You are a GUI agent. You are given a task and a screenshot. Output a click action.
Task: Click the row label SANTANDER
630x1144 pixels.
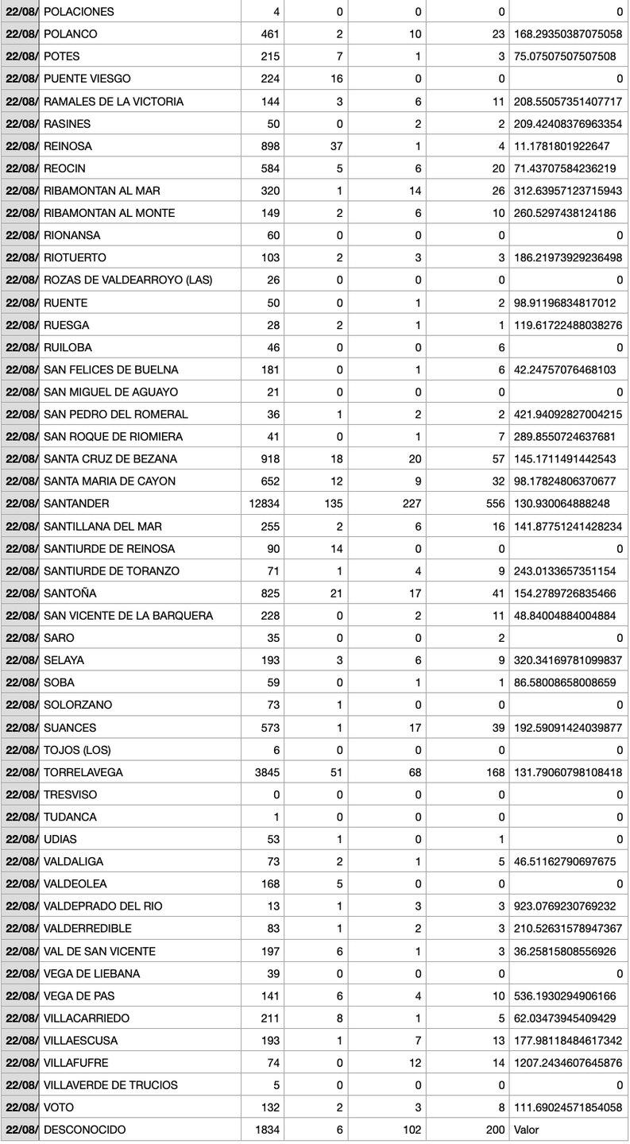tap(76, 504)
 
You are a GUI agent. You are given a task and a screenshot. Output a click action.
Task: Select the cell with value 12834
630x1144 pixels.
tap(264, 504)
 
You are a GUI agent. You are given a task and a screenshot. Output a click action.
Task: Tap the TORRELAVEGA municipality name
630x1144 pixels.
tap(83, 772)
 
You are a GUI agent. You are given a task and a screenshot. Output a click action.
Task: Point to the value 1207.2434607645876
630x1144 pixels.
tap(568, 1062)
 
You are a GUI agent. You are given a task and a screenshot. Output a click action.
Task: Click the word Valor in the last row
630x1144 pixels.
tap(527, 1130)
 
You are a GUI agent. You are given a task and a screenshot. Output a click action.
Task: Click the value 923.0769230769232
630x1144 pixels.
tap(568, 906)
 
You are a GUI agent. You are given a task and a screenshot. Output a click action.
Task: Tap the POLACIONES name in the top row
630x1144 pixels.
tap(79, 12)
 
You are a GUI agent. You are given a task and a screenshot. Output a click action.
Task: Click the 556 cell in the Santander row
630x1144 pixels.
tap(493, 504)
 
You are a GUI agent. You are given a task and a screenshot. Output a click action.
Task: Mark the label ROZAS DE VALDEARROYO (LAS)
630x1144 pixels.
tap(128, 280)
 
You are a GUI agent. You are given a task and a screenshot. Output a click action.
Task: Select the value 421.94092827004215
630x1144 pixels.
tap(568, 415)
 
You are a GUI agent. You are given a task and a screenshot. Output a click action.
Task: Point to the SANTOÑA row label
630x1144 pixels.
tap(72, 593)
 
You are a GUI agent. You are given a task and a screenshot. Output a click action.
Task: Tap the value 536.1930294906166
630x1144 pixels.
tap(568, 995)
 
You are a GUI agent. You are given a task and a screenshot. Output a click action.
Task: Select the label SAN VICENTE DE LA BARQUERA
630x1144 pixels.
tap(128, 616)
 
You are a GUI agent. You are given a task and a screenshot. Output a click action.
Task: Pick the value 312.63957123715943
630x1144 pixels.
tap(568, 191)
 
